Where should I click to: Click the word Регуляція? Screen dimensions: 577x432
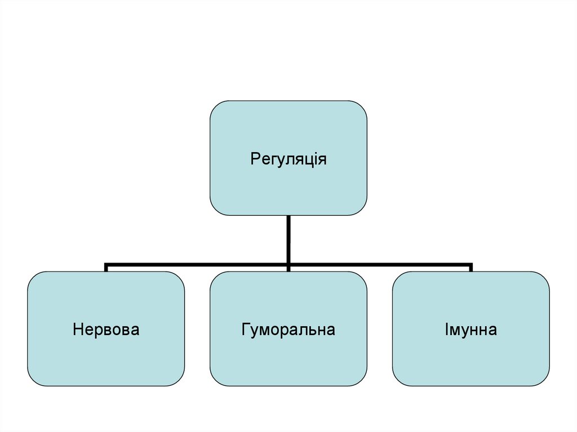coord(288,159)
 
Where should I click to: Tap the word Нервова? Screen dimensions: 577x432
coord(106,329)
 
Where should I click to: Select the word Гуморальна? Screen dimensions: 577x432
coord(288,329)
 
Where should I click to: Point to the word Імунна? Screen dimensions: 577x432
coord(471,329)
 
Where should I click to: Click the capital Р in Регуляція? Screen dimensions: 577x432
coord(254,159)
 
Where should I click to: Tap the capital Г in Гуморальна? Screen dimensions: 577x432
coord(246,329)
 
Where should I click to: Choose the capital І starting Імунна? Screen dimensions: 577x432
coord(447,329)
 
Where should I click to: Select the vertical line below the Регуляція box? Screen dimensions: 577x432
coord(288,237)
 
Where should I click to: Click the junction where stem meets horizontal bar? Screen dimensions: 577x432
coord(288,264)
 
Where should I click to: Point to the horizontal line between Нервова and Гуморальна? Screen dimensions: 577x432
coord(197,264)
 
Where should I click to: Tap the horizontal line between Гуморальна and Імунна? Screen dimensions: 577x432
coord(380,264)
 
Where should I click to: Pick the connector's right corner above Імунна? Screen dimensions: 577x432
coord(471,264)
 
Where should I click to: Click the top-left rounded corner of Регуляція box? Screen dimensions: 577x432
coord(215,106)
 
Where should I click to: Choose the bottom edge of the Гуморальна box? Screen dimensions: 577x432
coord(288,386)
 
